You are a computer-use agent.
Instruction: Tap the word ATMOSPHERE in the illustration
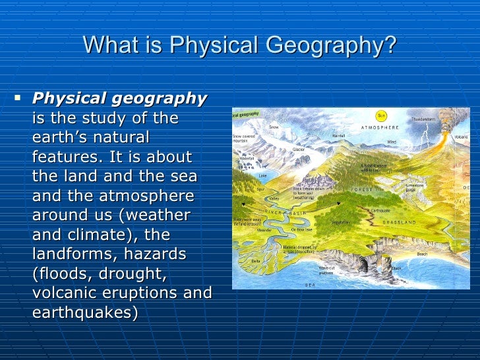coord(380,127)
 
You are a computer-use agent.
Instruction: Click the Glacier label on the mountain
coord(298,150)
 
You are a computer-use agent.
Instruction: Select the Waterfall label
coord(247,158)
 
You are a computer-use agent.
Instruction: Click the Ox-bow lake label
coord(301,229)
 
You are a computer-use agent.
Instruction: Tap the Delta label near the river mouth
coord(256,260)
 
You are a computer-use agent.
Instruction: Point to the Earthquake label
coord(380,210)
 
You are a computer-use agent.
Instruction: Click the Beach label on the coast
coord(422,254)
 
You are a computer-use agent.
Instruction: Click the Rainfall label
coord(338,135)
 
